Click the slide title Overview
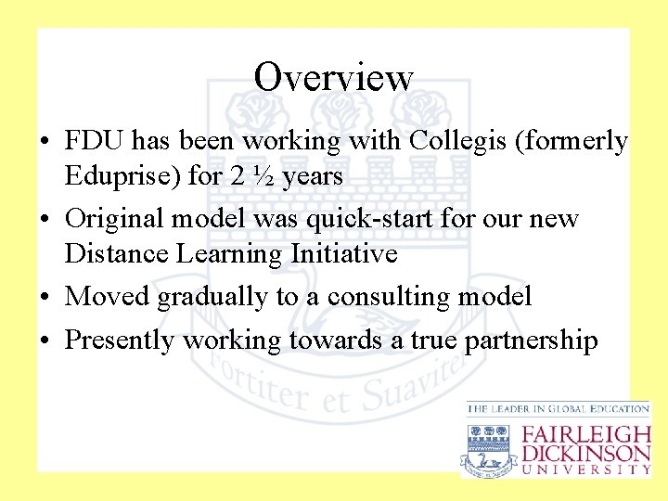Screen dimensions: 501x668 coord(334,76)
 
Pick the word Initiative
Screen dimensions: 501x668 coord(344,252)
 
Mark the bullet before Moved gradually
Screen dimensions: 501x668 coord(45,298)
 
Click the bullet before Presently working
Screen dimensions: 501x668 coord(45,341)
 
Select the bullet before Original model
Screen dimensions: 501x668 coord(45,220)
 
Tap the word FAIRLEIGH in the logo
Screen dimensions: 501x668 coord(586,434)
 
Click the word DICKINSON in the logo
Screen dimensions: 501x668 coord(586,453)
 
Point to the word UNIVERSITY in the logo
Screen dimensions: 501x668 coord(586,469)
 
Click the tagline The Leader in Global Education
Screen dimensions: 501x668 coord(558,408)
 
